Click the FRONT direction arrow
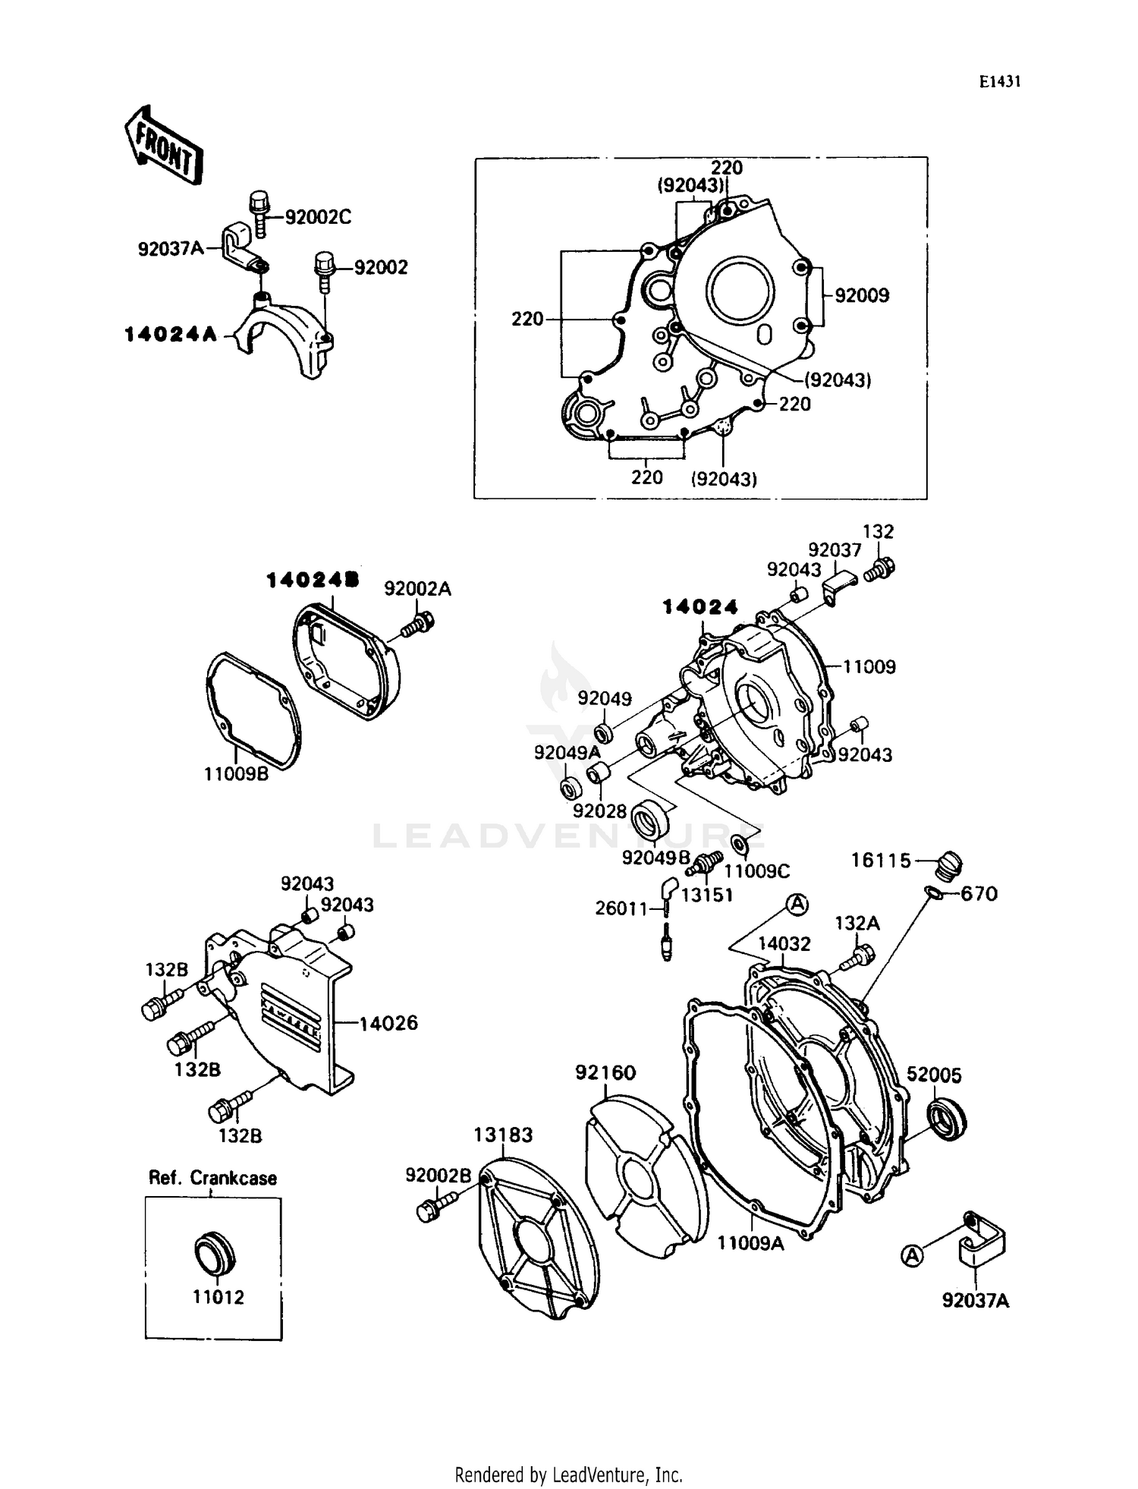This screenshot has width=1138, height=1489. [163, 144]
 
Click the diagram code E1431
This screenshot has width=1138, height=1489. [998, 82]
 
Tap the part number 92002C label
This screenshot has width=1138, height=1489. [318, 217]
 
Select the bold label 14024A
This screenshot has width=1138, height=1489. [171, 334]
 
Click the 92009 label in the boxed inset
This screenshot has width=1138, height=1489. [862, 295]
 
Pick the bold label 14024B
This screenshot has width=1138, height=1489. [312, 581]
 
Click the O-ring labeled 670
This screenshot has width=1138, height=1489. [935, 893]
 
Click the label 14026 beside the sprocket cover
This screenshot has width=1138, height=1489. [388, 1023]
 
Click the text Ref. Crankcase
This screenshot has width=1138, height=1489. [212, 1178]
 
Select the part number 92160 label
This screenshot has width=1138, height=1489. [605, 1072]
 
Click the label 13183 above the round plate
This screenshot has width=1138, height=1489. [503, 1135]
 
